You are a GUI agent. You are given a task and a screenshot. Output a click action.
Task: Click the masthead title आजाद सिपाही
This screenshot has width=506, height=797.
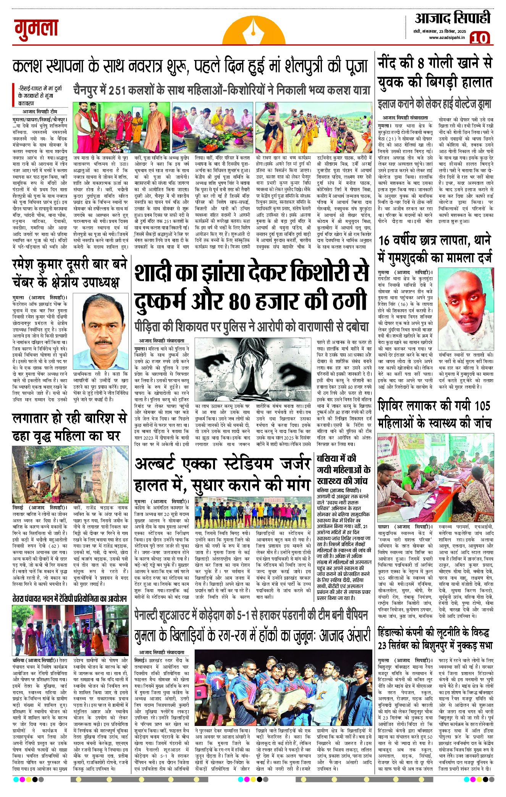click(x=452, y=18)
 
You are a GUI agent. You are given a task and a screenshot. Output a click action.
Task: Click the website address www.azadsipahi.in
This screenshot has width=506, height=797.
click(x=446, y=37)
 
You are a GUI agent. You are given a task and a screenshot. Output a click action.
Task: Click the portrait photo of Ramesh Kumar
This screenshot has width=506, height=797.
click(x=100, y=331)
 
